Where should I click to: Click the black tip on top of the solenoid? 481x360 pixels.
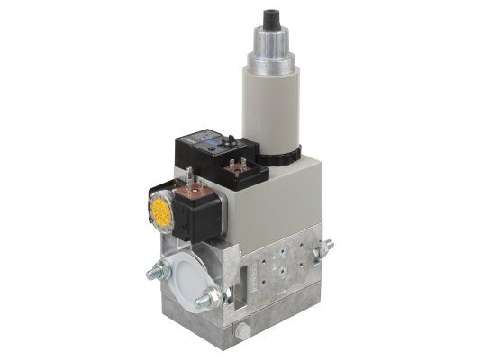[269, 20]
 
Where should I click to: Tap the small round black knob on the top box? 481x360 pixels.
[235, 139]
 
